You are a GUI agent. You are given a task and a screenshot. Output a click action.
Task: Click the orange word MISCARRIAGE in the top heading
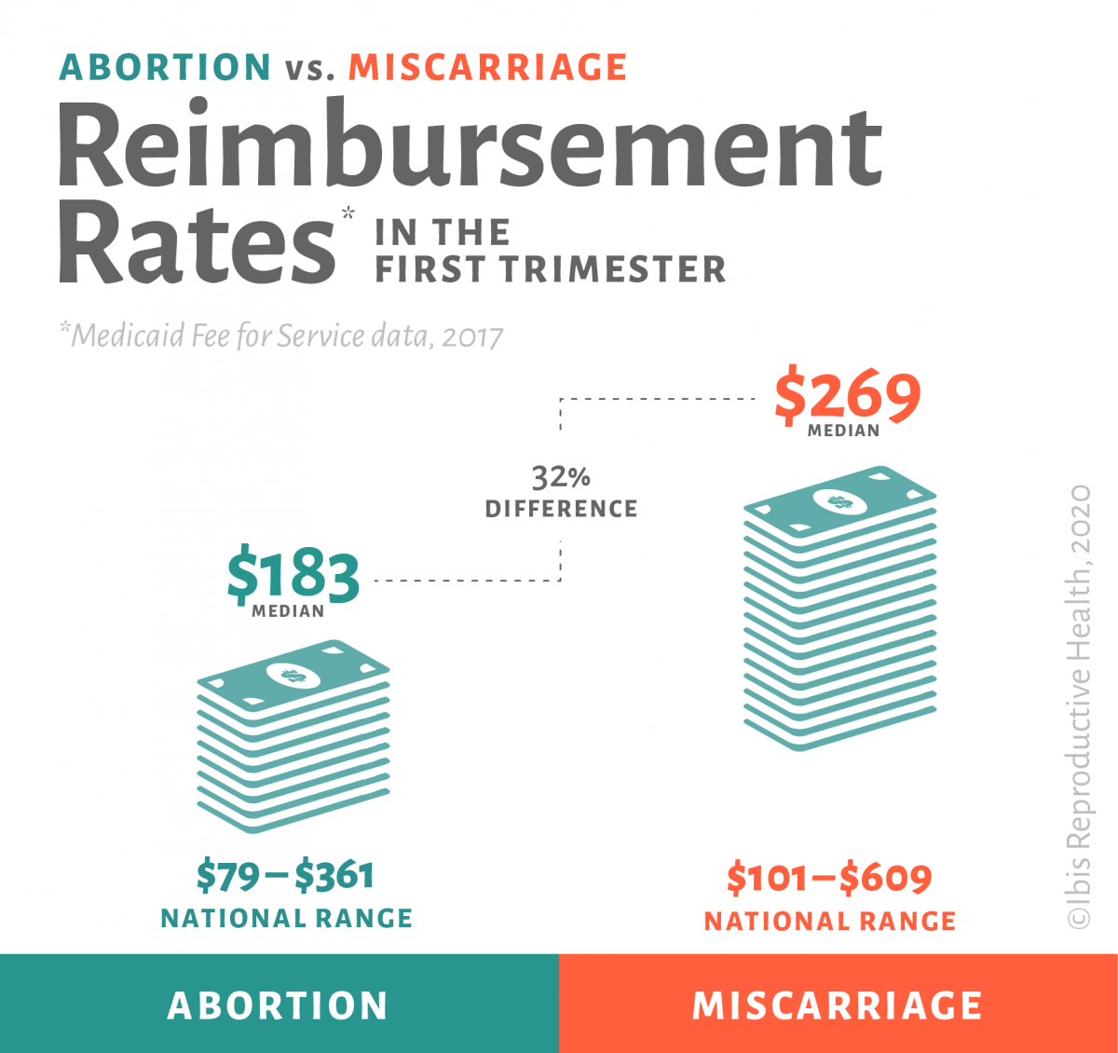point(488,68)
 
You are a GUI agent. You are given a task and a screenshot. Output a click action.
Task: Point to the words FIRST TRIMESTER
point(550,269)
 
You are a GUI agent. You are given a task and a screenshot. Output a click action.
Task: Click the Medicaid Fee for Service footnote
point(281,335)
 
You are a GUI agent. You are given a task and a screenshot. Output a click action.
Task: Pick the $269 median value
point(847,397)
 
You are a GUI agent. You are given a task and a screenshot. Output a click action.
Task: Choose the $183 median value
point(293,576)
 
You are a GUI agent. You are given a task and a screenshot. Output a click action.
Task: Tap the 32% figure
point(561,478)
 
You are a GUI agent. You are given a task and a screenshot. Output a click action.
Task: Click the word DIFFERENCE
point(561,509)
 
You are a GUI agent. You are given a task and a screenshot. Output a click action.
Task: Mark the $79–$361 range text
point(285,876)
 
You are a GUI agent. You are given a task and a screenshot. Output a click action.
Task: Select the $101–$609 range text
point(829,878)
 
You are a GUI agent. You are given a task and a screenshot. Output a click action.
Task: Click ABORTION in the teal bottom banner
point(278,1005)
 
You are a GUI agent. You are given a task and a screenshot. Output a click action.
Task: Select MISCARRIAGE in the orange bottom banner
point(838,1005)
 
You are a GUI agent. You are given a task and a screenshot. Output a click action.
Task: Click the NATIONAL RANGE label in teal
point(287,919)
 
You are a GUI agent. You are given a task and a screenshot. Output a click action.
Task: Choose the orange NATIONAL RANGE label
point(830,922)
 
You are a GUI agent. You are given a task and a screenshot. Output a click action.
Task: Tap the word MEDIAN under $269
point(843,431)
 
